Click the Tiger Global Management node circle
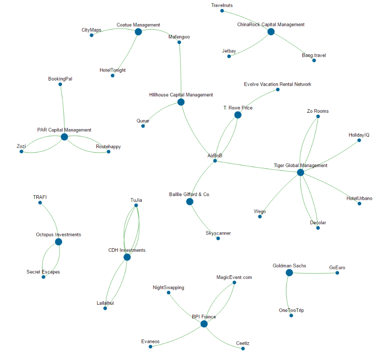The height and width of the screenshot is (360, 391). (x=300, y=173)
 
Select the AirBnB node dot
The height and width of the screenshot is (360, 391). (x=215, y=161)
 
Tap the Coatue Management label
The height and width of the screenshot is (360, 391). (x=138, y=25)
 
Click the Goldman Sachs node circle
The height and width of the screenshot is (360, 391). (x=289, y=273)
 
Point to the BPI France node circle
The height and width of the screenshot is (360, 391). (x=204, y=324)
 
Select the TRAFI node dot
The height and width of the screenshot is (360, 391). (x=40, y=202)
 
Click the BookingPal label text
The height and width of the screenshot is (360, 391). (x=60, y=79)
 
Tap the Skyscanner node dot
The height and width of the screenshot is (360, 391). (x=218, y=238)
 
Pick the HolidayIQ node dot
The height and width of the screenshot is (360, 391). (x=359, y=140)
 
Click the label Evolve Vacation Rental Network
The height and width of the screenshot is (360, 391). (x=277, y=84)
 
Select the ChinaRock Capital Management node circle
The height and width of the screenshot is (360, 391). (x=271, y=32)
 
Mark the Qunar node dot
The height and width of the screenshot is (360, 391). (x=143, y=126)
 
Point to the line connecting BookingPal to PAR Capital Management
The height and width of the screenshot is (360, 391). (x=62, y=111)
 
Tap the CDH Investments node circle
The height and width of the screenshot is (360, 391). (x=127, y=257)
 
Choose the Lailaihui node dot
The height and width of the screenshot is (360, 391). (x=105, y=308)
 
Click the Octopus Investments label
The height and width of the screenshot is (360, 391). (x=58, y=235)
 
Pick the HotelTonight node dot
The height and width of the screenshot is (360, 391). (x=113, y=76)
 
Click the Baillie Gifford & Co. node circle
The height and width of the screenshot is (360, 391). (x=190, y=202)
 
